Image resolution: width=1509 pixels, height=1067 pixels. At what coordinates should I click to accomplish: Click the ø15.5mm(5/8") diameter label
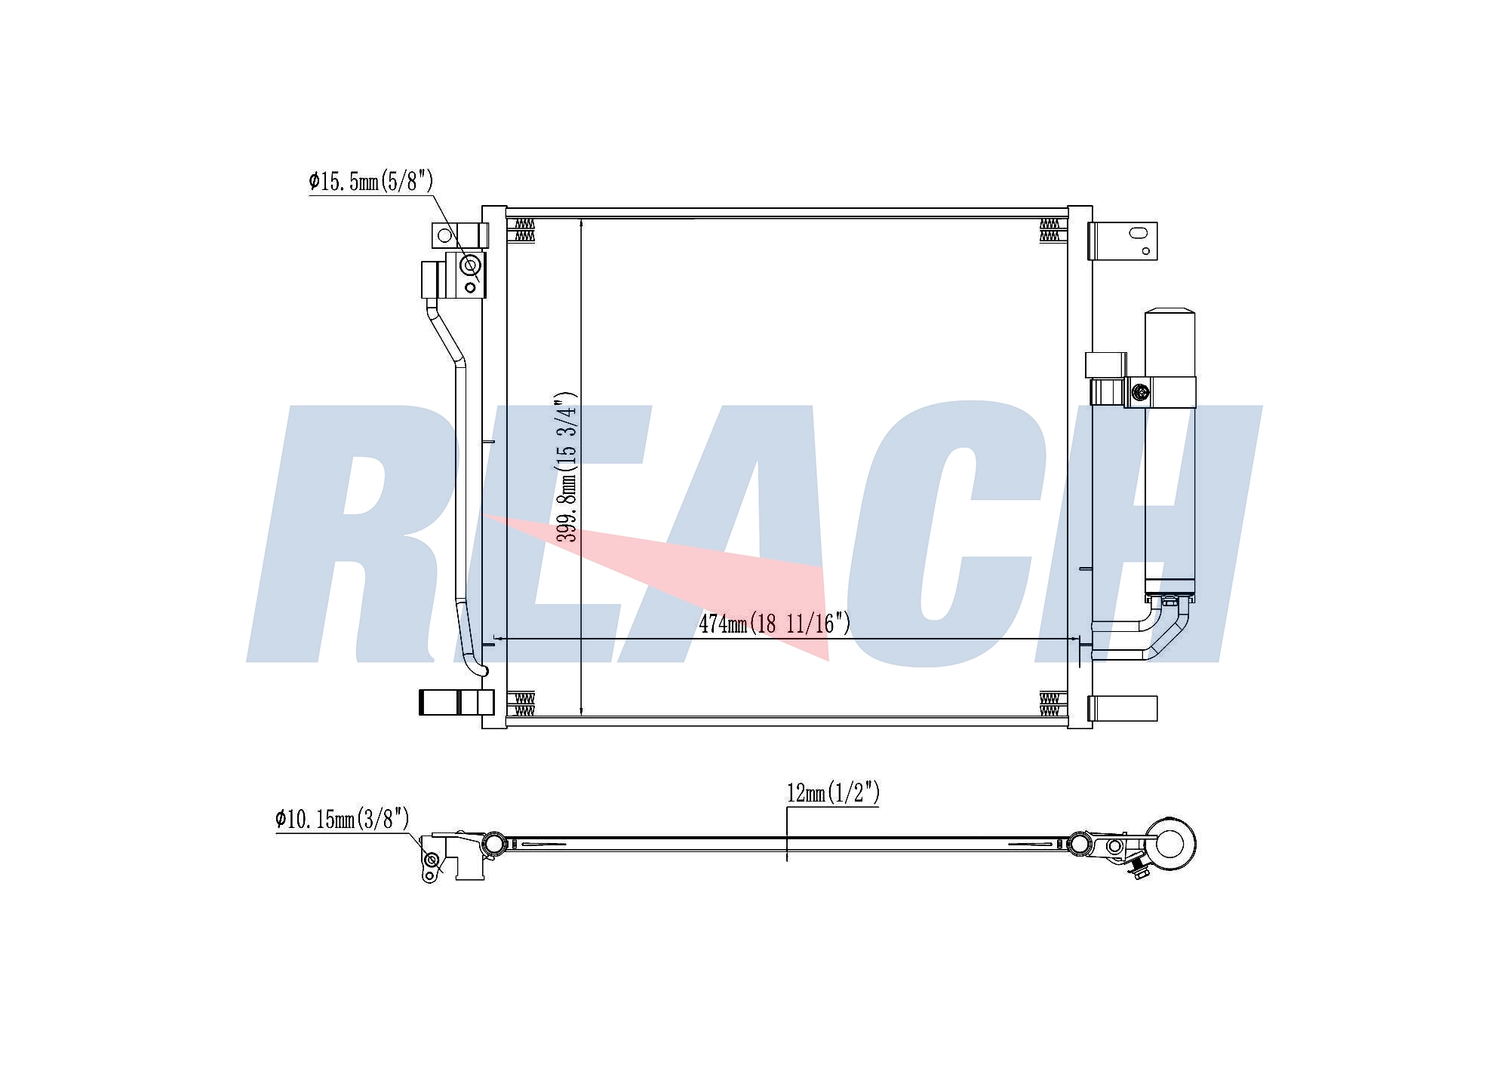[371, 181]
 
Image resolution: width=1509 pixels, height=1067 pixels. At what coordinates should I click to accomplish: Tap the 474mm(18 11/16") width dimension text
[774, 624]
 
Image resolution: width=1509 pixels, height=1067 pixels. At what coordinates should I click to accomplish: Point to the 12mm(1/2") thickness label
[833, 793]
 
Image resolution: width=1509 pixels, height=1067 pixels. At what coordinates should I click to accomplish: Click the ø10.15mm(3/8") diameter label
[343, 818]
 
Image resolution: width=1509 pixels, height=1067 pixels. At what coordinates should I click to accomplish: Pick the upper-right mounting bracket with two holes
[1123, 241]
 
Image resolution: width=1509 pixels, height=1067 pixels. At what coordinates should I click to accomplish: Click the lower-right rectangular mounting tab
[1123, 708]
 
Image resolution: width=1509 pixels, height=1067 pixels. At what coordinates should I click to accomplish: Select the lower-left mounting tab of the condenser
[456, 702]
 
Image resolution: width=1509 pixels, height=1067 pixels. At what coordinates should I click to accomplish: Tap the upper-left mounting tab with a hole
[456, 235]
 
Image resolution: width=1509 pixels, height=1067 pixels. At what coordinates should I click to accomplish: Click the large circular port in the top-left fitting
[470, 265]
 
